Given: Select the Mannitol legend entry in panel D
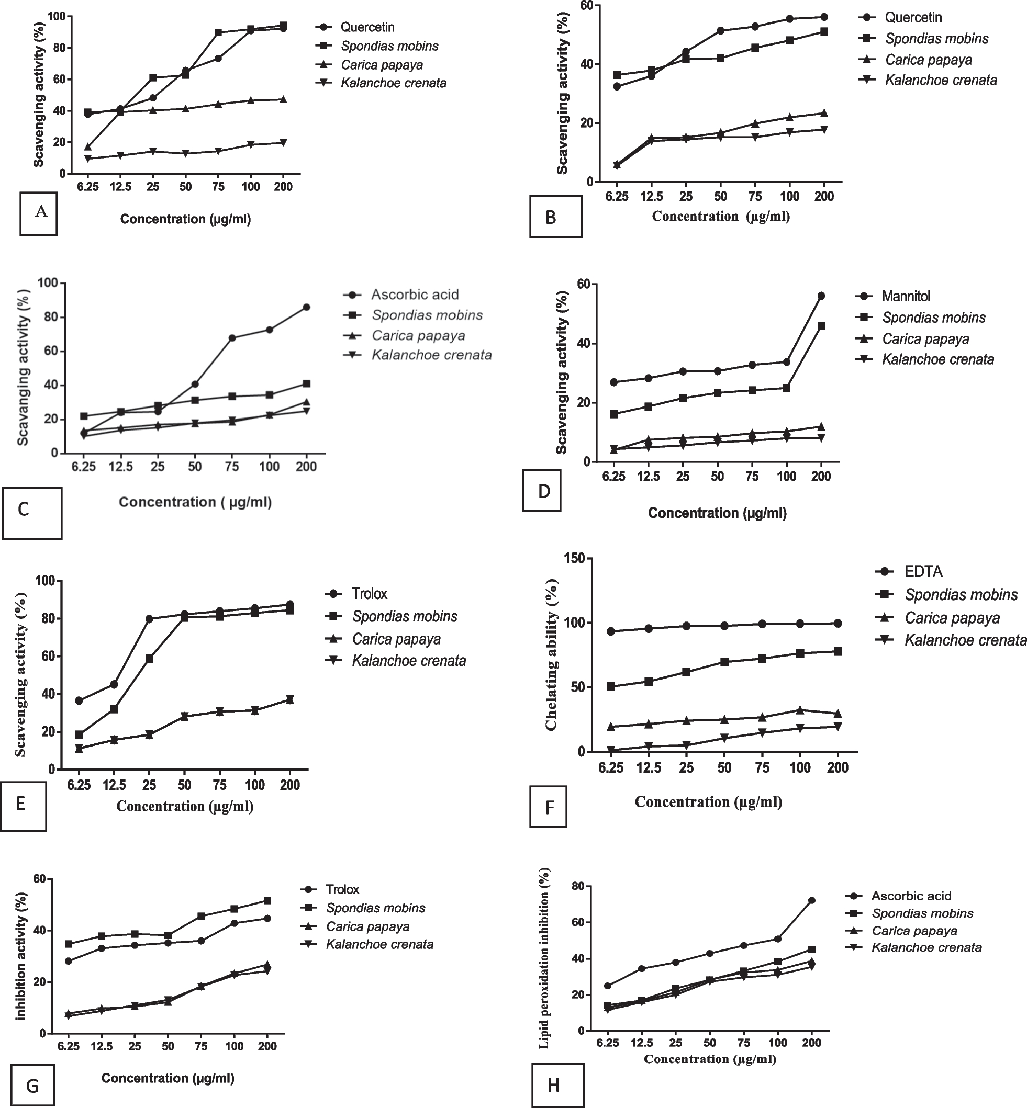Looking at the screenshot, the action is [905, 296].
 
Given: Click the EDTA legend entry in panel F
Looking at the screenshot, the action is [923, 571].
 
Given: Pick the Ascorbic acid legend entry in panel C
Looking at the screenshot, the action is [415, 295].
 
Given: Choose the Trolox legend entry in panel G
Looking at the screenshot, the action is [342, 889].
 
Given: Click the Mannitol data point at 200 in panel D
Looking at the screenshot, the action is [821, 296].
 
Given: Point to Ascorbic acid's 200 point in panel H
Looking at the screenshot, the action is [811, 900].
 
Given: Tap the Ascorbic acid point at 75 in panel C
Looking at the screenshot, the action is [232, 337].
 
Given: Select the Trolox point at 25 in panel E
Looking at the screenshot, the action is [149, 619].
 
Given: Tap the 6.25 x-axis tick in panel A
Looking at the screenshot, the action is [88, 187].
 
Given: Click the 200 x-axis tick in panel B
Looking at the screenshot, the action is [824, 196].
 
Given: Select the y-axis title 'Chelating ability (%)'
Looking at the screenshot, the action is [551, 655].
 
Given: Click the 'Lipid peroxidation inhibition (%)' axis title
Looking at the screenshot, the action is [544, 958].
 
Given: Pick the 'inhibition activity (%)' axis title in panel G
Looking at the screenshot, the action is [21, 956].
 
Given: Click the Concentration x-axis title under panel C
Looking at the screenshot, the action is [195, 502].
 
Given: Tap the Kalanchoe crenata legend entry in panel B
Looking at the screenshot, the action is [940, 81].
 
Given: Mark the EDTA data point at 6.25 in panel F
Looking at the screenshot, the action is [611, 631].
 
